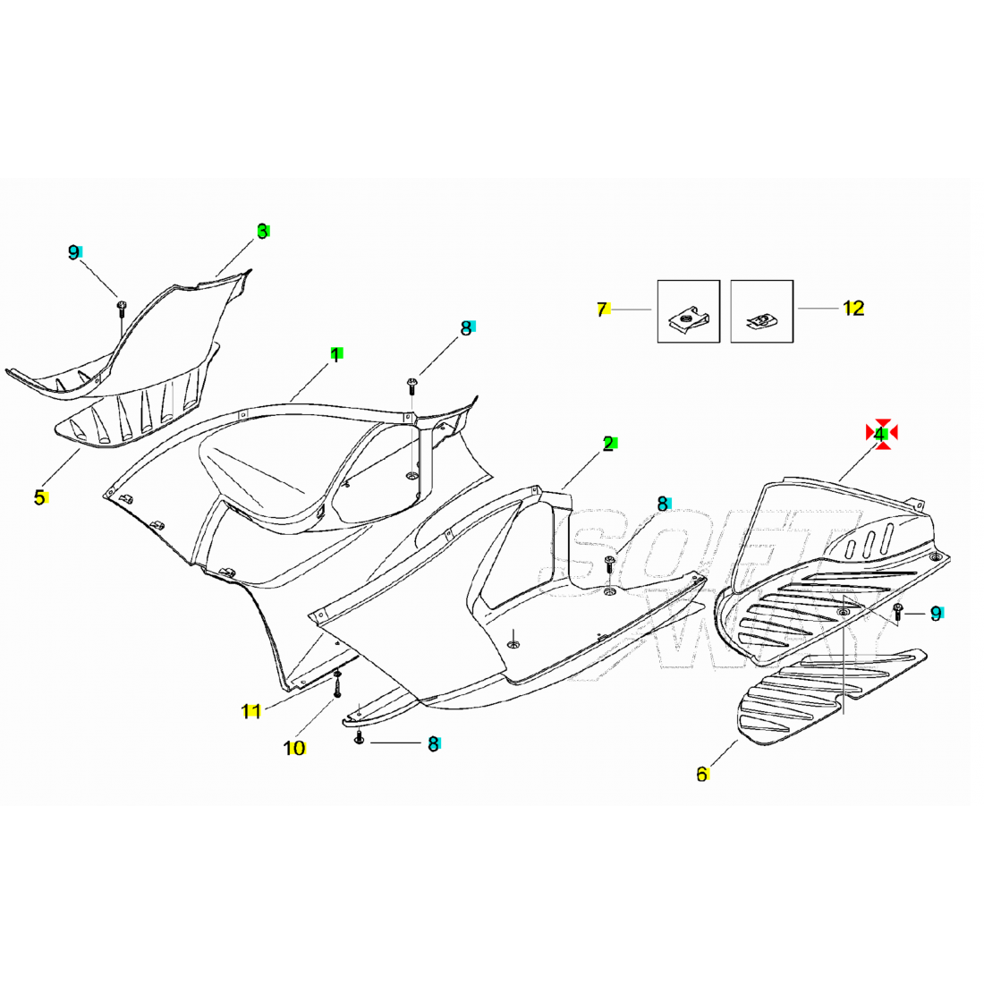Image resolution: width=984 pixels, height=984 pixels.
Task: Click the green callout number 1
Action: click(x=335, y=355)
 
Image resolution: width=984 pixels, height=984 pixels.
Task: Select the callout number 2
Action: click(x=608, y=444)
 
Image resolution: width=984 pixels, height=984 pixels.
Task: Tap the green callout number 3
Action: click(x=263, y=232)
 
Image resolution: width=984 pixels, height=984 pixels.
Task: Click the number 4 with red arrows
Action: click(x=879, y=434)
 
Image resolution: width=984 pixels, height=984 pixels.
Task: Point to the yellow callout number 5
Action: click(x=39, y=497)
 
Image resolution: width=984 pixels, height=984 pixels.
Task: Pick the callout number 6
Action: click(x=702, y=775)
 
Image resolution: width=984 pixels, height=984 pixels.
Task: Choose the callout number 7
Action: click(x=602, y=310)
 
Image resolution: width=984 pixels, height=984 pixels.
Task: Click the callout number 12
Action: click(x=853, y=308)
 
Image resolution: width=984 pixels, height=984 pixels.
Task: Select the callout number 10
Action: click(x=293, y=748)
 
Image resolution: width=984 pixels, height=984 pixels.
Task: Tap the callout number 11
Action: click(x=251, y=711)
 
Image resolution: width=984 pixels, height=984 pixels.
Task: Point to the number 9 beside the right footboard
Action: click(x=936, y=614)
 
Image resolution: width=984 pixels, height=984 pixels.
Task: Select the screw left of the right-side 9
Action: click(x=897, y=612)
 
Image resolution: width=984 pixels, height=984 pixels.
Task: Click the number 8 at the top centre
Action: click(x=466, y=328)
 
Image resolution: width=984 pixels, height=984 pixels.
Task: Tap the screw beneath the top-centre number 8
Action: click(x=411, y=386)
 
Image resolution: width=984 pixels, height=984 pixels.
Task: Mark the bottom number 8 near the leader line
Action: click(x=433, y=743)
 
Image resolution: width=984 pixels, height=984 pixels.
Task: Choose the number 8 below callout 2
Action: click(x=663, y=504)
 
